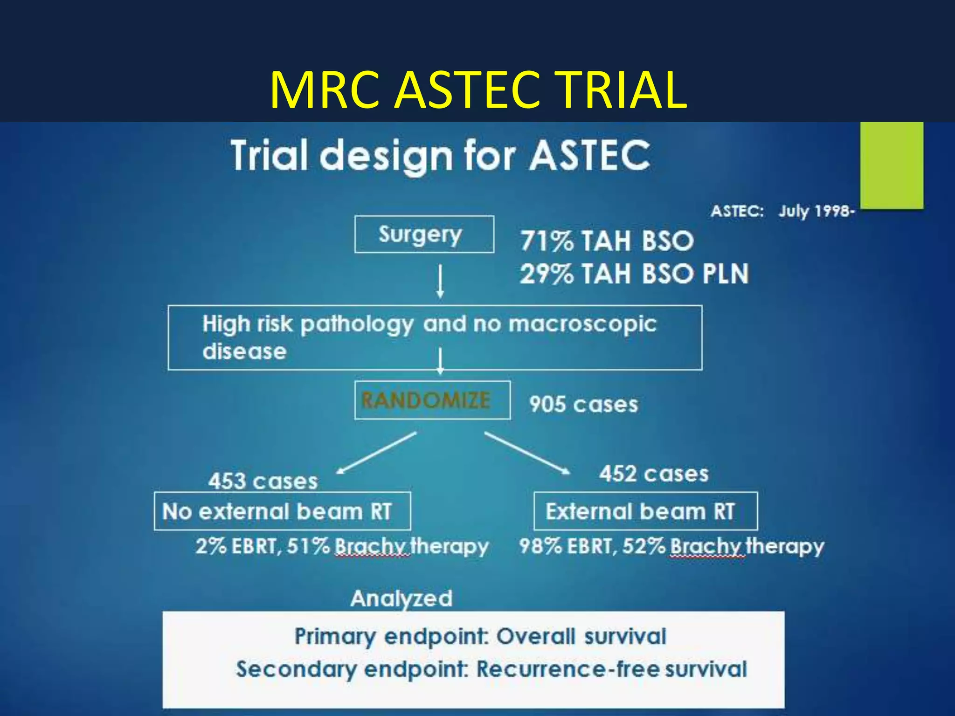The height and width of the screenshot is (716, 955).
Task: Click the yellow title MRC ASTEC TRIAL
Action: (478, 90)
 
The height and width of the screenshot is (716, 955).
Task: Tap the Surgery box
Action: (424, 234)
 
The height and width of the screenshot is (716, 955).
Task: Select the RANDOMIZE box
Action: (432, 400)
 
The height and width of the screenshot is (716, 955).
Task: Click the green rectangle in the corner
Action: (891, 165)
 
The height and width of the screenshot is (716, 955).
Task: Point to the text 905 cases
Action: (583, 404)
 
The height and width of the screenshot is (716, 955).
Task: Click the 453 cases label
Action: (263, 481)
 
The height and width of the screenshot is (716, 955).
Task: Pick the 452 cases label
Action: (654, 474)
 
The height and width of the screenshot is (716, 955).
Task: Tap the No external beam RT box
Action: (282, 511)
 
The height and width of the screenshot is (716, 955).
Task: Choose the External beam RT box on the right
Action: (645, 511)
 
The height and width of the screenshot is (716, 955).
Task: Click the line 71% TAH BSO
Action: (607, 241)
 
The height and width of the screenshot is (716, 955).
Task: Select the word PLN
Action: (726, 274)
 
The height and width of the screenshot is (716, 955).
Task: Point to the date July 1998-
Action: (816, 211)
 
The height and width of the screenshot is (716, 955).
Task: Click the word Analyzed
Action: (401, 599)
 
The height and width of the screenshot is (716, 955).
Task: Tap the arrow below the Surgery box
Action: (440, 282)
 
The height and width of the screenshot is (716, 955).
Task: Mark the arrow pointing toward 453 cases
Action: (376, 453)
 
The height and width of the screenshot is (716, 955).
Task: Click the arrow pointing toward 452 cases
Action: (527, 453)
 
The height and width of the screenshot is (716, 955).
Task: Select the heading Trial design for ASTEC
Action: (440, 156)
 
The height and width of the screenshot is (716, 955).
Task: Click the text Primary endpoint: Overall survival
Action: (480, 637)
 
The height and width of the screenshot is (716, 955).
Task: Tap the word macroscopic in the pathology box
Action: (582, 324)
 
